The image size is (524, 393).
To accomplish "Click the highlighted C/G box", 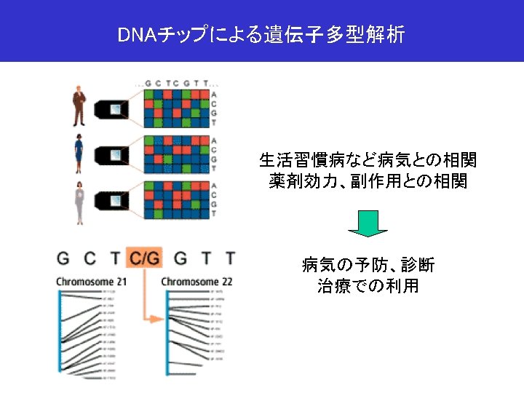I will [x=144, y=258].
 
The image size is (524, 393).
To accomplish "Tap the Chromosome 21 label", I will [x=91, y=281].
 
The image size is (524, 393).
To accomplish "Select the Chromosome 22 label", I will [x=196, y=281].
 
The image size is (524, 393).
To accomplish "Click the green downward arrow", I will [x=368, y=223].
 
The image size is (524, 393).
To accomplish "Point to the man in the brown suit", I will [x=79, y=107].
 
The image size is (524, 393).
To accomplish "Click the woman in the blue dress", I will [x=79, y=154].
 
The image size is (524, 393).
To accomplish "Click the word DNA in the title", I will [x=133, y=34].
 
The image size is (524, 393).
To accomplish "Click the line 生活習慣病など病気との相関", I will [x=368, y=159].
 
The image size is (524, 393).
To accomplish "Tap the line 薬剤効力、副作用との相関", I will [x=368, y=181].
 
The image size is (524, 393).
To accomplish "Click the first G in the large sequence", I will [x=63, y=258].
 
